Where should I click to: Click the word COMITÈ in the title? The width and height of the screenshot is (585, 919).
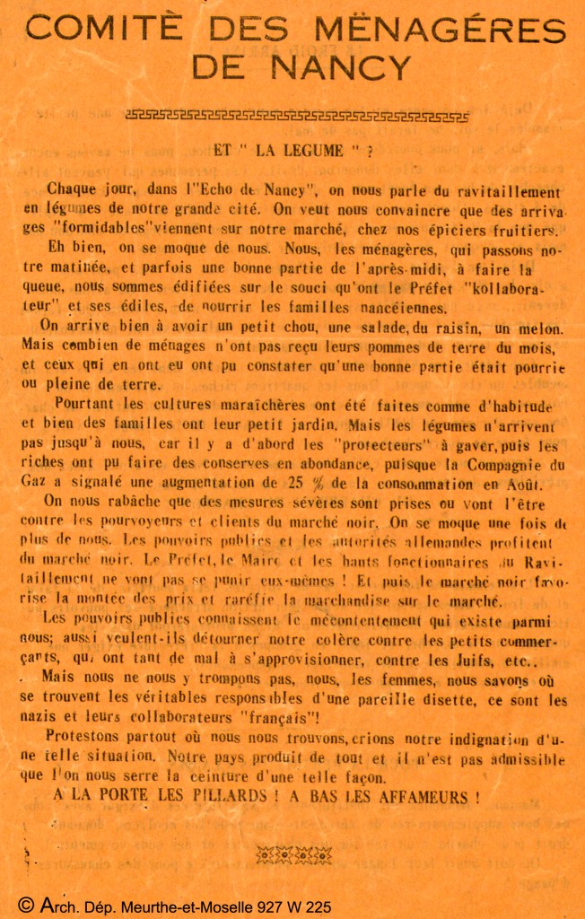coord(109,30)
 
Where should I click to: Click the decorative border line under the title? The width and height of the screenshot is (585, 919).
coord(297,115)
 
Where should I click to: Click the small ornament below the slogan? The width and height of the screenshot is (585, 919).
coord(293,855)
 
